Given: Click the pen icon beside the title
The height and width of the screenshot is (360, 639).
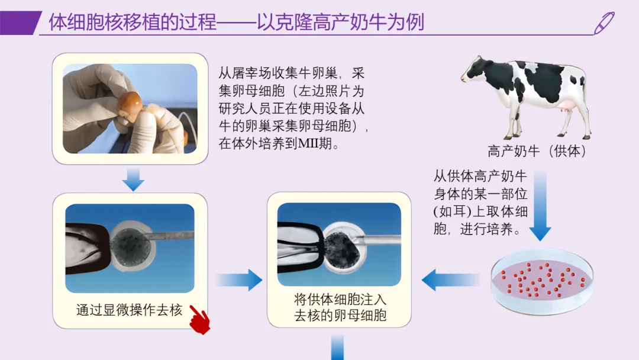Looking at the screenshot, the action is pyautogui.click(x=604, y=23).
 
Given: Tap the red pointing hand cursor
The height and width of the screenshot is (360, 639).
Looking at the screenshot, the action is pyautogui.click(x=200, y=320).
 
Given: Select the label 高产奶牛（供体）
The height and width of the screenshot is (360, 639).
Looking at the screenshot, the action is pyautogui.click(x=537, y=151).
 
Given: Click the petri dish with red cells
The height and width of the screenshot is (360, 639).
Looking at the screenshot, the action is pyautogui.click(x=542, y=282).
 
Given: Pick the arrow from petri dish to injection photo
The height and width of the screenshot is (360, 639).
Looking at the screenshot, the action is pyautogui.click(x=450, y=279).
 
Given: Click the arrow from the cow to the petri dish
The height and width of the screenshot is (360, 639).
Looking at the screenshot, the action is pyautogui.click(x=540, y=206).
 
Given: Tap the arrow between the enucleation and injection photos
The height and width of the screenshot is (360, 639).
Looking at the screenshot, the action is pyautogui.click(x=239, y=279).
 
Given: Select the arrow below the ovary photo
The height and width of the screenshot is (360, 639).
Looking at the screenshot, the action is pyautogui.click(x=133, y=180).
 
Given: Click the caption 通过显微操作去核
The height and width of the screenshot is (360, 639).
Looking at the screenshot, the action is pyautogui.click(x=129, y=310).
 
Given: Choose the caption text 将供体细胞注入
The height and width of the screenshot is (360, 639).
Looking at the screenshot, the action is pyautogui.click(x=340, y=300).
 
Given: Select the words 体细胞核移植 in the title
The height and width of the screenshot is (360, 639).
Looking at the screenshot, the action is pyautogui.click(x=91, y=22).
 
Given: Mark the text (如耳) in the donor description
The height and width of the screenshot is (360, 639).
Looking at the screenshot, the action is pyautogui.click(x=453, y=211).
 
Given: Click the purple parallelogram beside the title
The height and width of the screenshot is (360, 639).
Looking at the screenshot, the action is pyautogui.click(x=20, y=23).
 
